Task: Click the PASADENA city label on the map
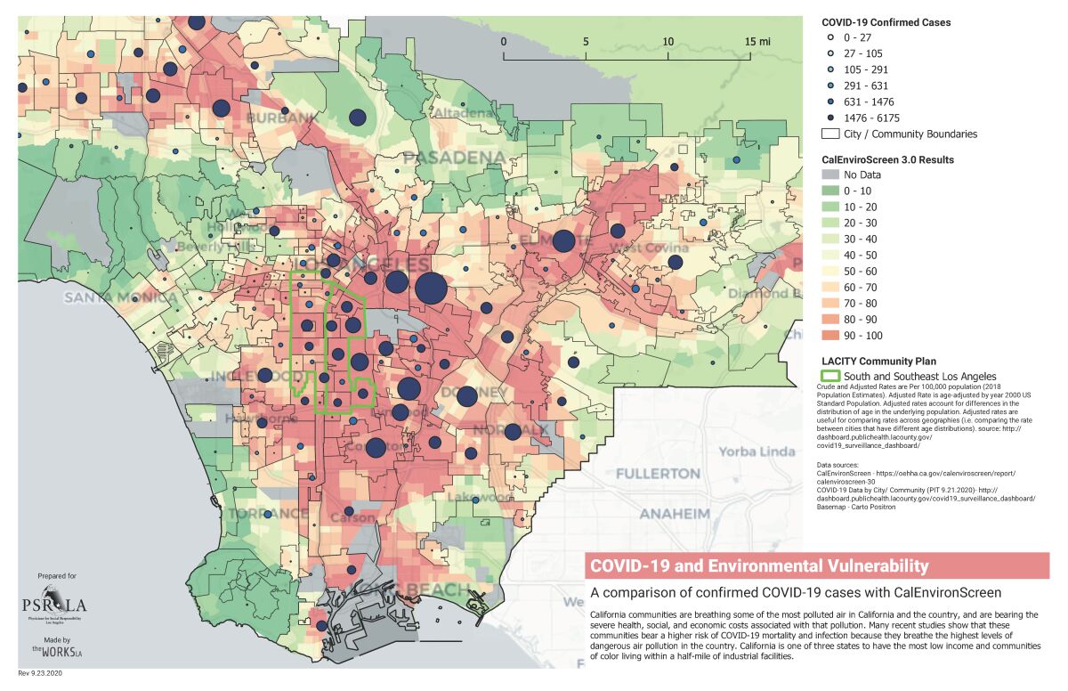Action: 454,159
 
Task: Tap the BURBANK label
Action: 257,118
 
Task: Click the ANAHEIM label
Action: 674,514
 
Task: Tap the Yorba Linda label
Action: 756,451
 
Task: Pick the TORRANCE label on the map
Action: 268,514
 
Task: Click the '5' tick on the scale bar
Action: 586,41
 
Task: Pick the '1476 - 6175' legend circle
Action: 829,118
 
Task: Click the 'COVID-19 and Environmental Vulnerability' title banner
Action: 816,565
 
